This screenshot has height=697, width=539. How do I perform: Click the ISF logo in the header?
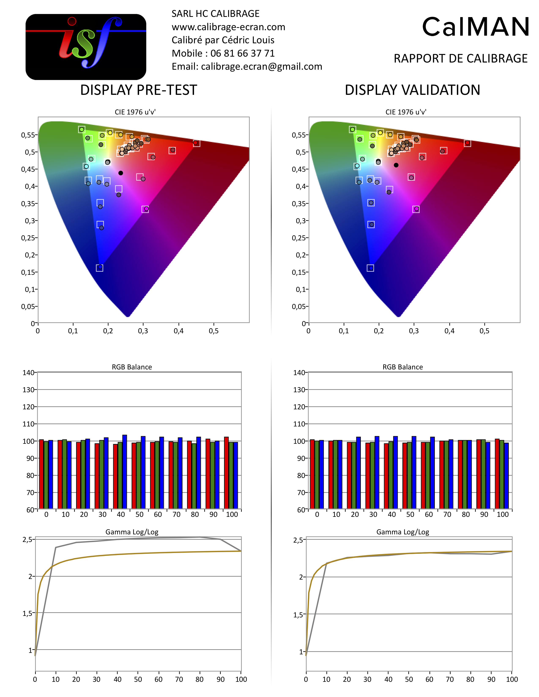pyautogui.click(x=86, y=47)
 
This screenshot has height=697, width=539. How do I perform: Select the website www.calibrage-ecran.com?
pyautogui.click(x=228, y=27)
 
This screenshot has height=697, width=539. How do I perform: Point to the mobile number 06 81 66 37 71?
pyautogui.click(x=242, y=53)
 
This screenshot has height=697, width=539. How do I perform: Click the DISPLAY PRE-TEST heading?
pyautogui.click(x=139, y=90)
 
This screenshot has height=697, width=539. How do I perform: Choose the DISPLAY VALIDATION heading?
pyautogui.click(x=412, y=90)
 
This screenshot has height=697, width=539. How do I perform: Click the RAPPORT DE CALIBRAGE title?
pyautogui.click(x=460, y=59)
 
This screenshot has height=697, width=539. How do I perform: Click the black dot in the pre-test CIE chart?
pyautogui.click(x=121, y=173)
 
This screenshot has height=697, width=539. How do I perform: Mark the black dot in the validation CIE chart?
pyautogui.click(x=396, y=165)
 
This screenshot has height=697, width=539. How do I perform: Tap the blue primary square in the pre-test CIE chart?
pyautogui.click(x=100, y=268)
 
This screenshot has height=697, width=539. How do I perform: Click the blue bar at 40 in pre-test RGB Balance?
pyautogui.click(x=124, y=472)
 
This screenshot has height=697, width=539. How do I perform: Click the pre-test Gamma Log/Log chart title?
pyautogui.click(x=132, y=532)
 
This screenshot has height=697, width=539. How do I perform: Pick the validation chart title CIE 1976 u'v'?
pyautogui.click(x=406, y=112)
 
